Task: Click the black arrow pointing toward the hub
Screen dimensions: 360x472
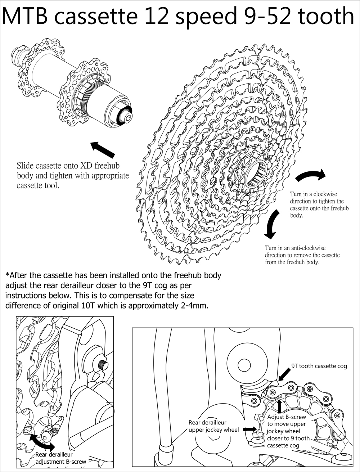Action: [x=103, y=149]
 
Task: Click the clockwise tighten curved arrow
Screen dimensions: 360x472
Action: [x=311, y=175]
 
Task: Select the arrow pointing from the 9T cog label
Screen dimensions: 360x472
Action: [x=284, y=374]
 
